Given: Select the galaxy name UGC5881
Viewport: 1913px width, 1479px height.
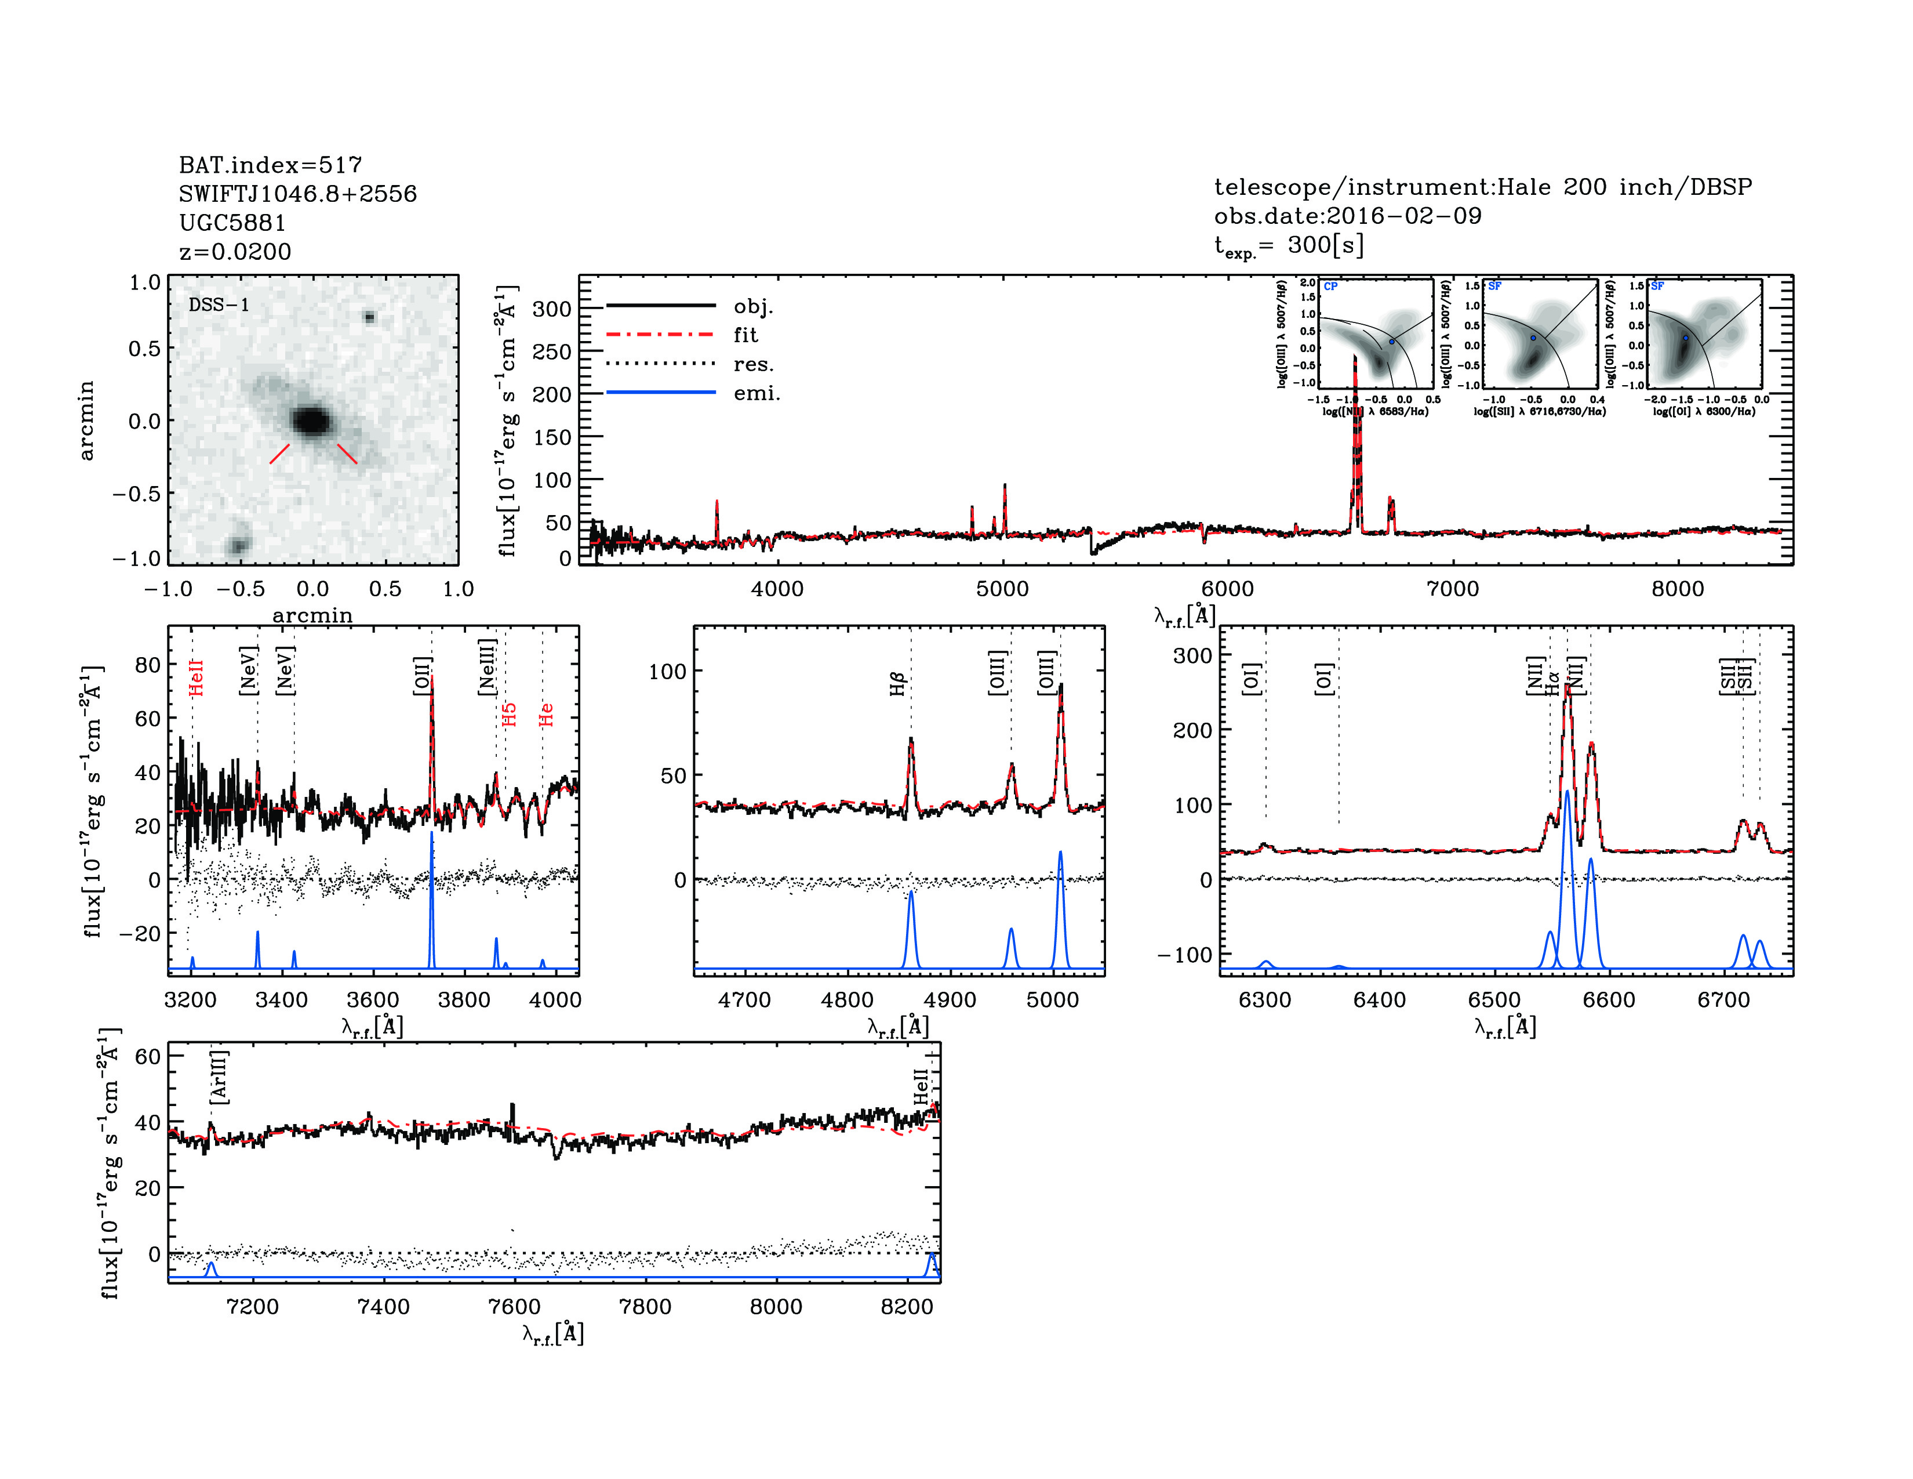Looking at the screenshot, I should pos(232,223).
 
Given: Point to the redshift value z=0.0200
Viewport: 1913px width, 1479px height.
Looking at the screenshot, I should pos(235,252).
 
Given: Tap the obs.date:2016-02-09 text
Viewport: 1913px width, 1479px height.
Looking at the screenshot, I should pos(1347,216).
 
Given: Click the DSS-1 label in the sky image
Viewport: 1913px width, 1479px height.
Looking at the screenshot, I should pos(219,305).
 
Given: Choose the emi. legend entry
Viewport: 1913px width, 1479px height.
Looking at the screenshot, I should pos(756,393).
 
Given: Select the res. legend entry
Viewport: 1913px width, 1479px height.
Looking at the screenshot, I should pos(753,364).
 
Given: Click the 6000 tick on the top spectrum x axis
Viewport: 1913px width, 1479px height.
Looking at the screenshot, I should pos(1227,589).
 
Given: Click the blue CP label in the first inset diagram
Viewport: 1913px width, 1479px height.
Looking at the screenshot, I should pos(1330,287).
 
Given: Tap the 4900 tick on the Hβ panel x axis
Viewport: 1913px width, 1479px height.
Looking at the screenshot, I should pos(950,1000).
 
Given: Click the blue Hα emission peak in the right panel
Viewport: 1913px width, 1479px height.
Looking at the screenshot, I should pos(1567,792).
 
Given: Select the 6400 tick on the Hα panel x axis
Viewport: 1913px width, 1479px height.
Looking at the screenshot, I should pos(1380,1000).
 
